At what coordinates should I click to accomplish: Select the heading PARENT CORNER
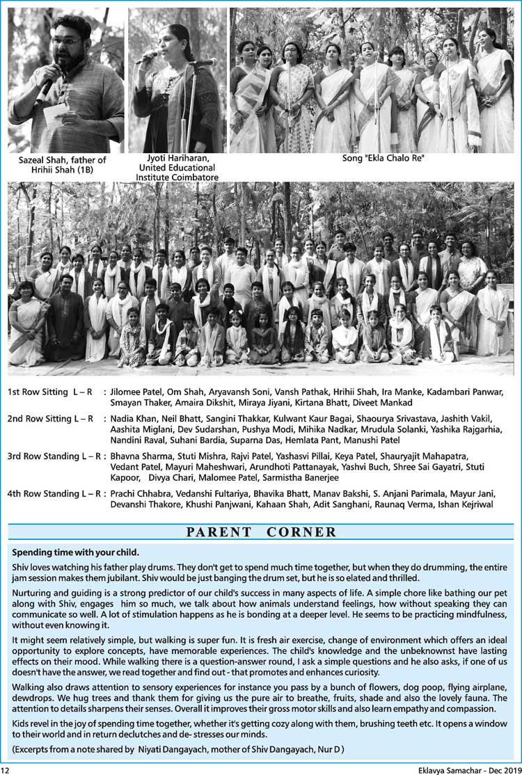pos(261,533)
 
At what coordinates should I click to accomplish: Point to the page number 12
pos(6,769)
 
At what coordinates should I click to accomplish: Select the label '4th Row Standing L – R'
pos(54,494)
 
